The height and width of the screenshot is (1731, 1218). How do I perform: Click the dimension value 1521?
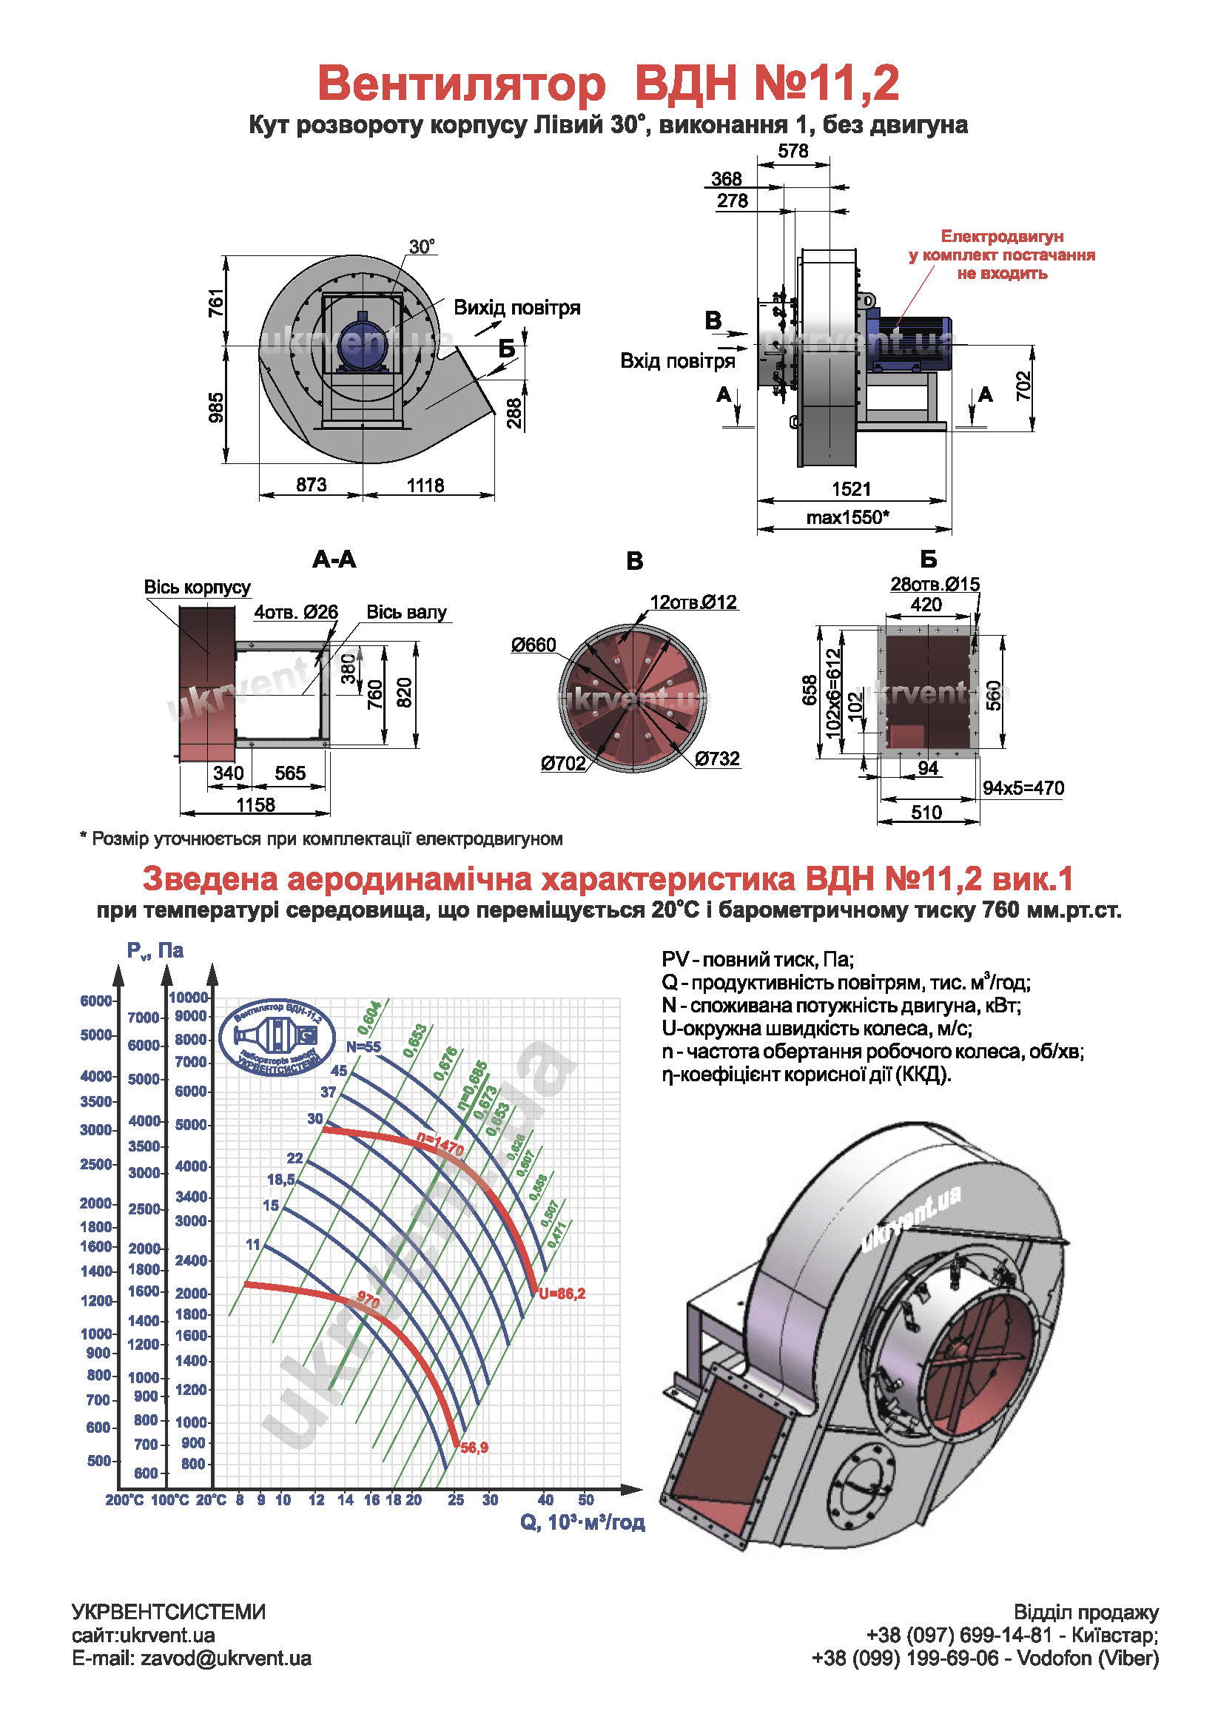(x=851, y=488)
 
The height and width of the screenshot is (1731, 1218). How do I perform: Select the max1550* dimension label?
(x=847, y=517)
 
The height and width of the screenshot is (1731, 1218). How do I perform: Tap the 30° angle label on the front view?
(x=422, y=246)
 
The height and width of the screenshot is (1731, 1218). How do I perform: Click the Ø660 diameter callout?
(x=533, y=645)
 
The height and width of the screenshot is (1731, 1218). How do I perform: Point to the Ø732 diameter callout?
(x=717, y=759)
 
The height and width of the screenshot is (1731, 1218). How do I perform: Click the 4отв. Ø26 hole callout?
(x=295, y=611)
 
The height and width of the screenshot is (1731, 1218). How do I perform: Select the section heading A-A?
(x=334, y=559)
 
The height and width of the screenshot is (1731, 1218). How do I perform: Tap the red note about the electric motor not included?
(x=1002, y=255)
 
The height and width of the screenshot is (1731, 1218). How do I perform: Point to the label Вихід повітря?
(x=517, y=308)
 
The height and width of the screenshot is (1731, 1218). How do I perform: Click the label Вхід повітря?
(x=677, y=361)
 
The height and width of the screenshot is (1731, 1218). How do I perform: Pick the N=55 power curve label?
(x=363, y=1046)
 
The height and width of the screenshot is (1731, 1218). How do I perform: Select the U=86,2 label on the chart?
(x=562, y=1294)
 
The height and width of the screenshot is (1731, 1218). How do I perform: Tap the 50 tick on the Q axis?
(x=585, y=1500)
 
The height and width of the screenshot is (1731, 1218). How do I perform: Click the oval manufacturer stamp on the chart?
(x=277, y=1038)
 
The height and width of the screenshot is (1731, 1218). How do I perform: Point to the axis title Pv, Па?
(x=155, y=951)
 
